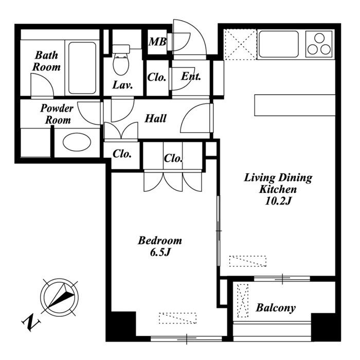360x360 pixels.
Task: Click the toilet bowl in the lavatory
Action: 121,65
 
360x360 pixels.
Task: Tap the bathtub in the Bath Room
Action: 82,68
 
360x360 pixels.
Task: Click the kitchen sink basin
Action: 279,44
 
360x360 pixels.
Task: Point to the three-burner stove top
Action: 319,44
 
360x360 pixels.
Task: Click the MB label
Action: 157,42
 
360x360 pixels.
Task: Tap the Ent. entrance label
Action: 191,76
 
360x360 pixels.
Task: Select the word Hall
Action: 155,118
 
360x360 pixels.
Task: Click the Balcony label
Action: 276,308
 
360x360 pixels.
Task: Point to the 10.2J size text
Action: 278,202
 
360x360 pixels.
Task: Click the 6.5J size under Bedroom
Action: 160,253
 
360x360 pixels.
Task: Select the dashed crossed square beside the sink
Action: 240,44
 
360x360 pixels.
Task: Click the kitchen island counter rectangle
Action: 295,105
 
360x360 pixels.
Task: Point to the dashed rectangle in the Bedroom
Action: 178,318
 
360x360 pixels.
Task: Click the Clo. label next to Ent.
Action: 156,77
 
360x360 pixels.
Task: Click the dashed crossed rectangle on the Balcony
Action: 243,300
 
